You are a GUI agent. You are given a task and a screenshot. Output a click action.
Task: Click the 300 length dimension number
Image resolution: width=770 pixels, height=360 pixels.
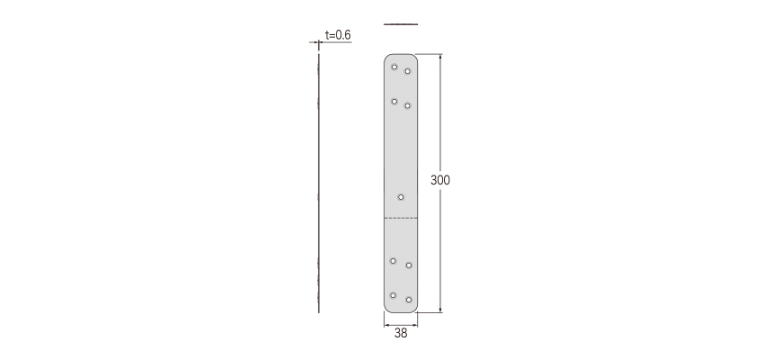point(440,180)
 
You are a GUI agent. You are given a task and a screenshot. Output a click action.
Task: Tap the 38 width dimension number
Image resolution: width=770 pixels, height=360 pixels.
point(401,334)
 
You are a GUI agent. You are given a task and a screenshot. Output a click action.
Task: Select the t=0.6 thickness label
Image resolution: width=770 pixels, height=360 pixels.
point(338,35)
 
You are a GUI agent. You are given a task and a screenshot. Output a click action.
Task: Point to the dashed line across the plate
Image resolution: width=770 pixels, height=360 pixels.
point(401,218)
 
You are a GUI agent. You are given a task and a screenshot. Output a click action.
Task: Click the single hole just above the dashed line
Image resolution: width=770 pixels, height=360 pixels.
point(401,197)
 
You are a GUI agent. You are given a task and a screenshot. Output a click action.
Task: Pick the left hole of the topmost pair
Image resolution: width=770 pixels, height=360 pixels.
point(394,67)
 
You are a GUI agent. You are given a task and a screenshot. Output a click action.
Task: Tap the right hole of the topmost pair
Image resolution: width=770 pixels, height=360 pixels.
point(408,71)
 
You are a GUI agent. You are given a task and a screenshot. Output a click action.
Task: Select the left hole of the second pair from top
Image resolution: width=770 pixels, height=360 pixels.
point(394,102)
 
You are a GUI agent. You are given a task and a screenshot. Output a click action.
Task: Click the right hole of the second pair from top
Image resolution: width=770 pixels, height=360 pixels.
point(408,105)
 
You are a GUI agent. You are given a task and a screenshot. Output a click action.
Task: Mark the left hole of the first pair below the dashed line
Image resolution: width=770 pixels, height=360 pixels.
point(393,261)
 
